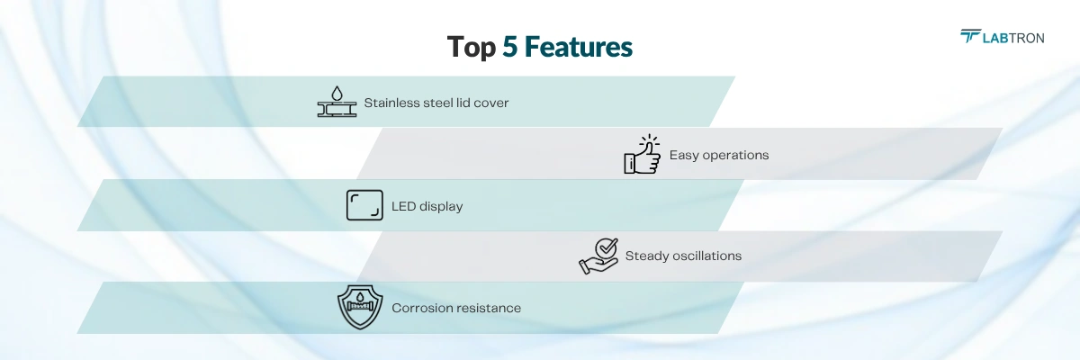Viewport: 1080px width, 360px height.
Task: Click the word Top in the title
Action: [472, 48]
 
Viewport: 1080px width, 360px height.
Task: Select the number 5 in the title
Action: [510, 47]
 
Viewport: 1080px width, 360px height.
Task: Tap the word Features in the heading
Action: [578, 47]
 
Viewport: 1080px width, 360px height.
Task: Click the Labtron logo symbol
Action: [970, 36]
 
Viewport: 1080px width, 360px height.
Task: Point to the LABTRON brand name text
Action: [1013, 38]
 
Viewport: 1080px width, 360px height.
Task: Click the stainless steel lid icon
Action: [337, 102]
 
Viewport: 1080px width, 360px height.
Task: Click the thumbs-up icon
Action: [643, 154]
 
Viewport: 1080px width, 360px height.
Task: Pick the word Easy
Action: [684, 155]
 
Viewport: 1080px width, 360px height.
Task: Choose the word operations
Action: [736, 156]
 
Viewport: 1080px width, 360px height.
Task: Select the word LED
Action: [403, 206]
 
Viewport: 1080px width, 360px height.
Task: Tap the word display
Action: [441, 207]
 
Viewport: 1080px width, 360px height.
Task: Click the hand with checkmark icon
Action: [598, 256]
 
